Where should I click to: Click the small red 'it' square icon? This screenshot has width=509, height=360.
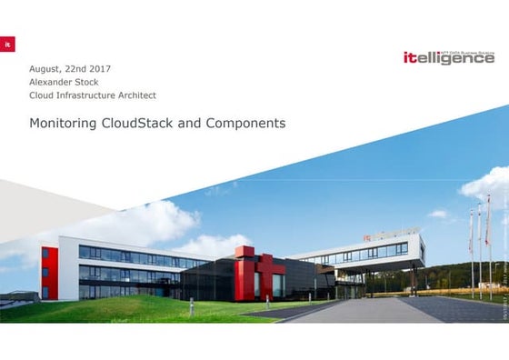(x=7, y=44)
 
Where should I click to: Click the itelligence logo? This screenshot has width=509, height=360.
(x=448, y=57)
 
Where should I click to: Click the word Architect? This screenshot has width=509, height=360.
(x=133, y=95)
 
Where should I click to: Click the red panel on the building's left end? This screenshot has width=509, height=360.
(x=49, y=270)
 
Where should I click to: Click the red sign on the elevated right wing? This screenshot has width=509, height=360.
(x=367, y=239)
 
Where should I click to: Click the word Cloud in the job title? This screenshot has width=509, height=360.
(x=42, y=95)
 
